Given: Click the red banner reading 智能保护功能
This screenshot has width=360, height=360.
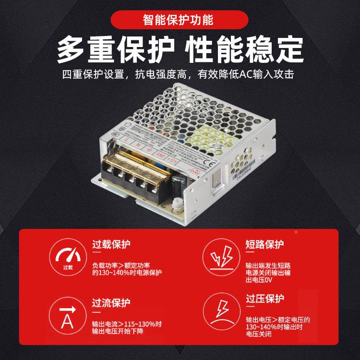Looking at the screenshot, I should coord(180,20).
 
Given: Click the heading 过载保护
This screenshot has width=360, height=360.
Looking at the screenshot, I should coord(111,244).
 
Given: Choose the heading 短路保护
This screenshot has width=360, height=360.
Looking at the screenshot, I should coord(264,244).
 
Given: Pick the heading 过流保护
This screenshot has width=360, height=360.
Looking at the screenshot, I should coord(111,302).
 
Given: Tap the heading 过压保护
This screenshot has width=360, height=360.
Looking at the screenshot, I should coord(264,299).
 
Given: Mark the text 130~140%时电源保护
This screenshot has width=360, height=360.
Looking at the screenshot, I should coord(127,273).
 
